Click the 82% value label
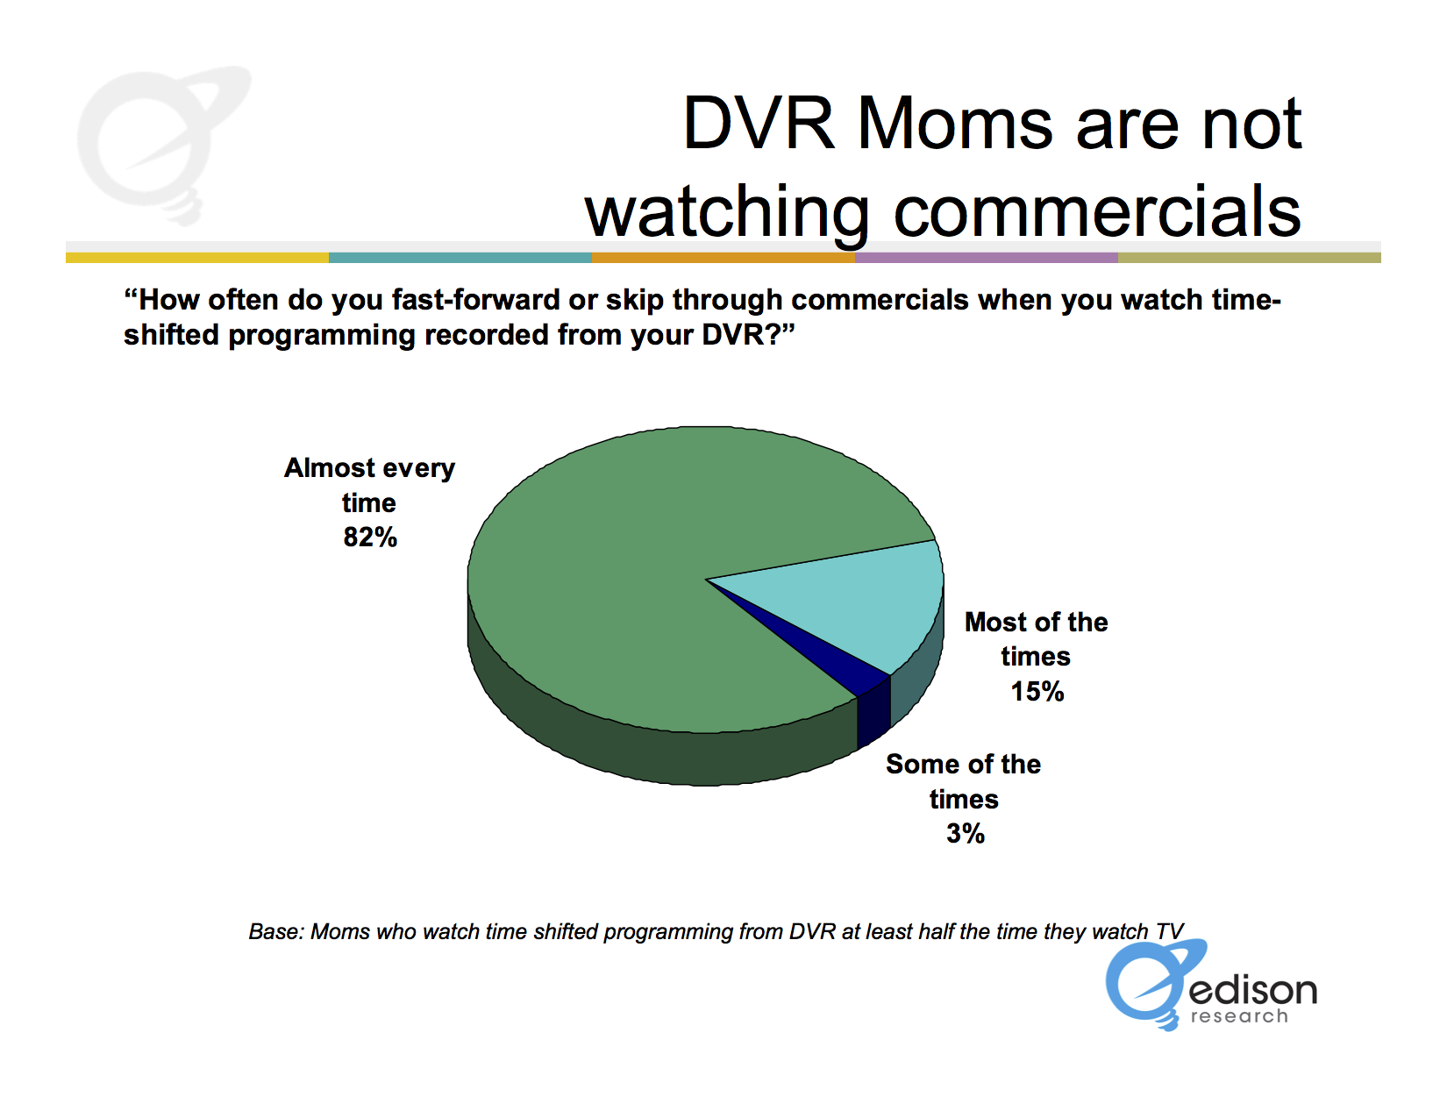(x=370, y=538)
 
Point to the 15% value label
(x=1037, y=691)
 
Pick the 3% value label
(x=965, y=833)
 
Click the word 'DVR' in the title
(x=759, y=124)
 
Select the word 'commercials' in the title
(x=1097, y=211)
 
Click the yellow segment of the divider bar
(x=197, y=258)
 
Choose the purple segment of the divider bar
(x=987, y=258)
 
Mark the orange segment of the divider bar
(x=723, y=258)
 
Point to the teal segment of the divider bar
(x=460, y=258)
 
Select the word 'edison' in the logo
(x=1252, y=990)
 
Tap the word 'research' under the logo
(x=1239, y=1016)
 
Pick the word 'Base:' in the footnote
(x=276, y=931)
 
